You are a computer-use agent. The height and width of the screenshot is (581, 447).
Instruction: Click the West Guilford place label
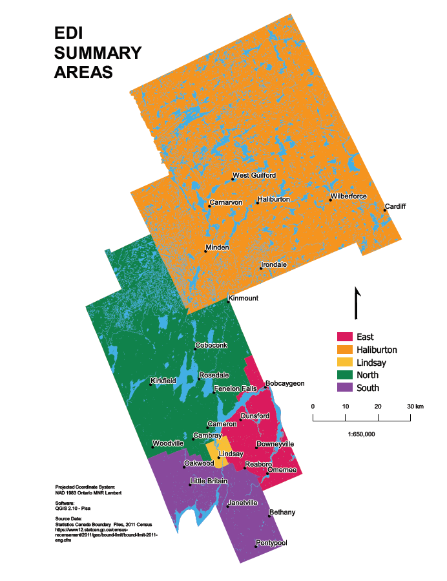click(255, 175)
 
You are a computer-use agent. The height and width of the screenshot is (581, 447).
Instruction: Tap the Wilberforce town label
click(349, 196)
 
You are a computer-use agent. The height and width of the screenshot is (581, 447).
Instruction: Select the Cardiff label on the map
click(395, 207)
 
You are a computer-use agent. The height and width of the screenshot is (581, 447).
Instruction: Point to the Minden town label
click(218, 248)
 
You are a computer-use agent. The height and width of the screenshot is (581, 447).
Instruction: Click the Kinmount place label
click(244, 298)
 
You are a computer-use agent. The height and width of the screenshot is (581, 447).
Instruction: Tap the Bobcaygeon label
click(284, 383)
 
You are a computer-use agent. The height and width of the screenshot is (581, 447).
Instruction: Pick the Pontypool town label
click(271, 543)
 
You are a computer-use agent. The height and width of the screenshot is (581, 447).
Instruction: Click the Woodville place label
click(168, 444)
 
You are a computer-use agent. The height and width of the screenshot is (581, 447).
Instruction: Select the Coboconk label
click(211, 346)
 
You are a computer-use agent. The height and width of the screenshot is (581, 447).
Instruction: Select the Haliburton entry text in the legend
click(377, 350)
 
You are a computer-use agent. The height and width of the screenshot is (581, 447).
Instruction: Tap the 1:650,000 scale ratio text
click(361, 434)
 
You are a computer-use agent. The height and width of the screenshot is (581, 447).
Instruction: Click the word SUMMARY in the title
click(98, 52)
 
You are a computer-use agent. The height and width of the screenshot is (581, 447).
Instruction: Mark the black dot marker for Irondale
click(260, 268)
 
